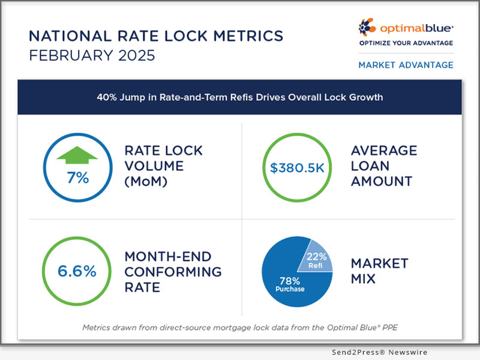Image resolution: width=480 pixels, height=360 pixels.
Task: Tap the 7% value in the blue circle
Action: pyautogui.click(x=77, y=178)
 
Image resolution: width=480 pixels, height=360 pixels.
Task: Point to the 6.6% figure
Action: pyautogui.click(x=77, y=271)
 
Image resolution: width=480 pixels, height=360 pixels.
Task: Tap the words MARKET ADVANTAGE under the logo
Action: pyautogui.click(x=406, y=65)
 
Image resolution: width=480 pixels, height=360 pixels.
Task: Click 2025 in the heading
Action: pyautogui.click(x=137, y=57)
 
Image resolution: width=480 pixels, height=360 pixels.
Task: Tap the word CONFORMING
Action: pyautogui.click(x=172, y=271)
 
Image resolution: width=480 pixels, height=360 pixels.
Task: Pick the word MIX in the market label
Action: pyautogui.click(x=363, y=280)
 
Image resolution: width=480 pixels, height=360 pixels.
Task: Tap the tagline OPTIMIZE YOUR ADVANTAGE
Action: pyautogui.click(x=406, y=43)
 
